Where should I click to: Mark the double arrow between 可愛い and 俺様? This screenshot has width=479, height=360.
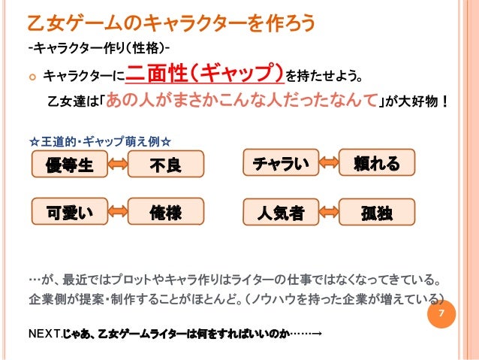coord(116,211)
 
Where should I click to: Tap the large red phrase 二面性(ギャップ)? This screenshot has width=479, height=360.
coord(206,74)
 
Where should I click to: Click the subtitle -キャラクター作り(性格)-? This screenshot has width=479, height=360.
coord(98,50)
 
